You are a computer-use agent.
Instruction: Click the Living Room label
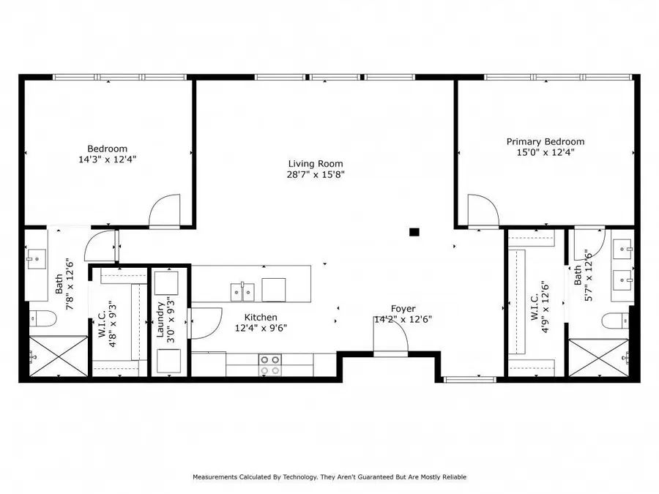coord(315,164)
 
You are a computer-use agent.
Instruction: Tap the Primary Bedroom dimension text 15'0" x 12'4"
coord(546,153)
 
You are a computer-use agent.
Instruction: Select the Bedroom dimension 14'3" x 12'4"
coord(108,159)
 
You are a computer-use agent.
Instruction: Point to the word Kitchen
coord(261,317)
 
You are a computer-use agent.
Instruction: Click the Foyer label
coord(403,309)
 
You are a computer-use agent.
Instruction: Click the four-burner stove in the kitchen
coord(270,364)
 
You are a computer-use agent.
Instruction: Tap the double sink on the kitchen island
coord(242,291)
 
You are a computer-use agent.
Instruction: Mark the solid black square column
coord(414,232)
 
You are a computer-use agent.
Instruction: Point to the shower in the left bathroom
coord(57,356)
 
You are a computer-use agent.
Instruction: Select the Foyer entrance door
coord(390,337)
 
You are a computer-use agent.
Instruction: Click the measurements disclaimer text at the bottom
coord(329,477)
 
